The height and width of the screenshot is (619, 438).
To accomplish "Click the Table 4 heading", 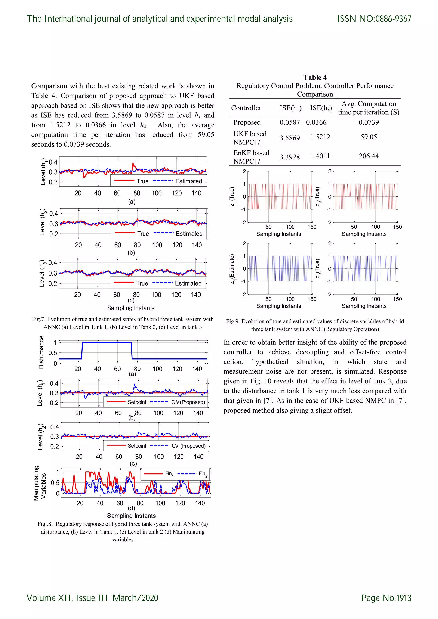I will pos(315,77).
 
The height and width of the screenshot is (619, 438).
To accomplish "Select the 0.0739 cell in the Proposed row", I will pos(368,122).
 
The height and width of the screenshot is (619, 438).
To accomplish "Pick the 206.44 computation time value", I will pos(368,156).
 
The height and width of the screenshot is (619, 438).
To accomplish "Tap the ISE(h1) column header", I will pos(290,108).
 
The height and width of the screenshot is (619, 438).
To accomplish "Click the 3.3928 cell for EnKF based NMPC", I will pos(289,157).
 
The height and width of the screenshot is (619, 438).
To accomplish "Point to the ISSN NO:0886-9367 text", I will pos(374,19).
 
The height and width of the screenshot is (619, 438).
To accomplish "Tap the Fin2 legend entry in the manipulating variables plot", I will pos(203,474).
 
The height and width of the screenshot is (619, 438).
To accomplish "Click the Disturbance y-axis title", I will pos(41,352).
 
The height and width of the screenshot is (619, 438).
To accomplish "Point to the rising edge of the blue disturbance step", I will pos(82,351).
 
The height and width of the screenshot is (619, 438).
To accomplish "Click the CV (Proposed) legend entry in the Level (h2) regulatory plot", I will pos(188,446).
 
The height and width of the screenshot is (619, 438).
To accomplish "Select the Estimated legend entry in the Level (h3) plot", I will pos(188,283).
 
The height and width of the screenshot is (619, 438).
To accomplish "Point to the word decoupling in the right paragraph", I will pos(312,352).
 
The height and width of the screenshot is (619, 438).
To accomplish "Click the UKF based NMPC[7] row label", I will pos(250,138).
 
